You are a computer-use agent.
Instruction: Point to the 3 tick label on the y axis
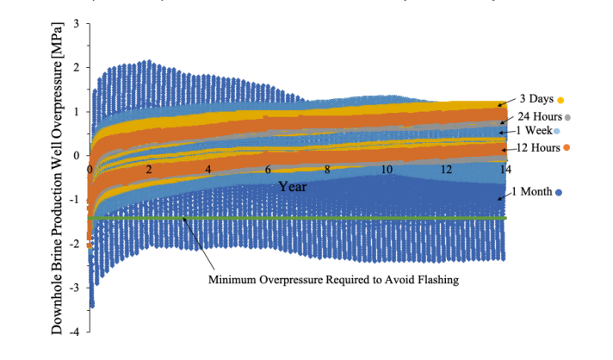point(76,23)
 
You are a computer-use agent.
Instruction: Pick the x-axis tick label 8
point(327,169)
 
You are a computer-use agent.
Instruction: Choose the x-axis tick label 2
point(150,169)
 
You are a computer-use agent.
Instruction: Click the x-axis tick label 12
point(445,169)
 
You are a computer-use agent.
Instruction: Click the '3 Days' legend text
point(536,98)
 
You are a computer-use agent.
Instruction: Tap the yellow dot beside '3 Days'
point(560,99)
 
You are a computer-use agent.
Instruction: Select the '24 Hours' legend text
point(540,115)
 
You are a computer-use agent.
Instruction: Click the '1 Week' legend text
point(533,131)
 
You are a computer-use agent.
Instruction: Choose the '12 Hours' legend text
point(540,147)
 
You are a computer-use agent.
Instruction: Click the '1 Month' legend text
point(535,189)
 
